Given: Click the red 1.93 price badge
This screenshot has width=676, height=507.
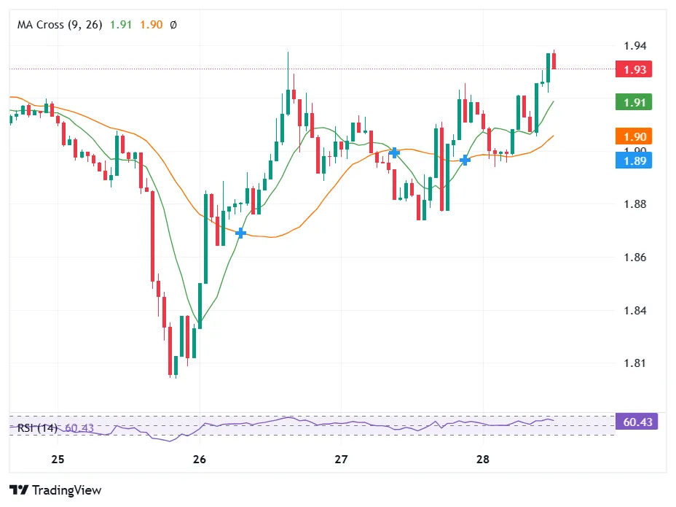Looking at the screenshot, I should click(633, 70).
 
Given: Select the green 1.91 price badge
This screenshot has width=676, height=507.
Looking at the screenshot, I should click(633, 102).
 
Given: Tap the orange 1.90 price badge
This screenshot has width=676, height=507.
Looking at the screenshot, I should click(633, 136).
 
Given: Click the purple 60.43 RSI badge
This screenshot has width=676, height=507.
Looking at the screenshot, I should click(636, 422).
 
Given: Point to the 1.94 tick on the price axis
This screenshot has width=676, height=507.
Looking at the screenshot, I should click(634, 46).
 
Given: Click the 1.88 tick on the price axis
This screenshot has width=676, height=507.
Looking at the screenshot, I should click(634, 204).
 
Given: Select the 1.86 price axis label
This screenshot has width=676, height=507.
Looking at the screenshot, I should click(634, 258).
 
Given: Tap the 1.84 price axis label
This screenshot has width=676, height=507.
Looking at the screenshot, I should click(634, 311).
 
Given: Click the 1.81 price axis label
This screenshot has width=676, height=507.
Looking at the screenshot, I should click(634, 363).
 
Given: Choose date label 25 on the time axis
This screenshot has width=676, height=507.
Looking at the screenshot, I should click(58, 460).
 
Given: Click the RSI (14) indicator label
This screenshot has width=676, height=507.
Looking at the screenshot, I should click(37, 428).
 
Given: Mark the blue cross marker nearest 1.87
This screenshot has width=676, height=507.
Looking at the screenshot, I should click(241, 233).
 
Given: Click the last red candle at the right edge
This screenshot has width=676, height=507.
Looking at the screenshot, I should click(554, 60).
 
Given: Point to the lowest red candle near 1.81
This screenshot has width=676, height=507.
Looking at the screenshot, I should click(170, 350).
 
